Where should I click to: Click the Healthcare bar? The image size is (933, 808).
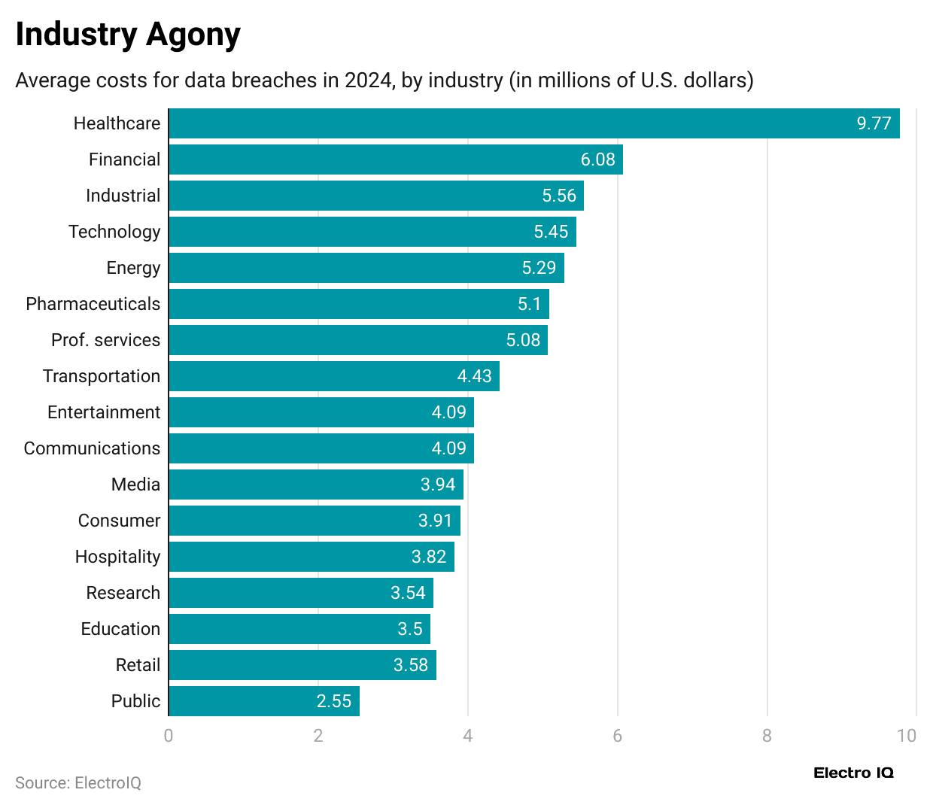[x=533, y=123]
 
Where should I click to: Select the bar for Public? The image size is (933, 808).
[x=264, y=701]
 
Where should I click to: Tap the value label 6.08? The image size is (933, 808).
[x=597, y=159]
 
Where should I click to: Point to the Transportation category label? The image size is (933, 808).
[x=102, y=376]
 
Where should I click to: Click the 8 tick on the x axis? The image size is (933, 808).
[x=767, y=736]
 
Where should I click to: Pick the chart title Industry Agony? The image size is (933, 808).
[x=128, y=35]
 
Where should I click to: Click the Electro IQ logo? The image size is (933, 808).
[x=853, y=773]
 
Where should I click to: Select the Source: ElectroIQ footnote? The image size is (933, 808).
[x=78, y=783]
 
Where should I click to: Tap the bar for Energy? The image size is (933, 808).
[x=366, y=268]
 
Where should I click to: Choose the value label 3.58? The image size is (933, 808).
[x=410, y=665]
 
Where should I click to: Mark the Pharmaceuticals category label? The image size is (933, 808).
[x=93, y=304]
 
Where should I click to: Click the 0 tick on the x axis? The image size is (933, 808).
[x=169, y=736]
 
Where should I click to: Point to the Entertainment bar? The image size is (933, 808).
[x=321, y=412]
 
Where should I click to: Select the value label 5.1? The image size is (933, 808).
[x=529, y=304]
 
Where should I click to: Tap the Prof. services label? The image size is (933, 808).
[x=105, y=340]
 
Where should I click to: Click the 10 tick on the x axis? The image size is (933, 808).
[x=907, y=736]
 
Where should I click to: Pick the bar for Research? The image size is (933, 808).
[x=301, y=593]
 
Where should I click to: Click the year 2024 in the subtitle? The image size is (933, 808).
[x=369, y=80]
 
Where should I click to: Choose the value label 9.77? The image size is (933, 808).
[x=874, y=123]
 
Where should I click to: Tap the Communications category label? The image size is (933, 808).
[x=92, y=448]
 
